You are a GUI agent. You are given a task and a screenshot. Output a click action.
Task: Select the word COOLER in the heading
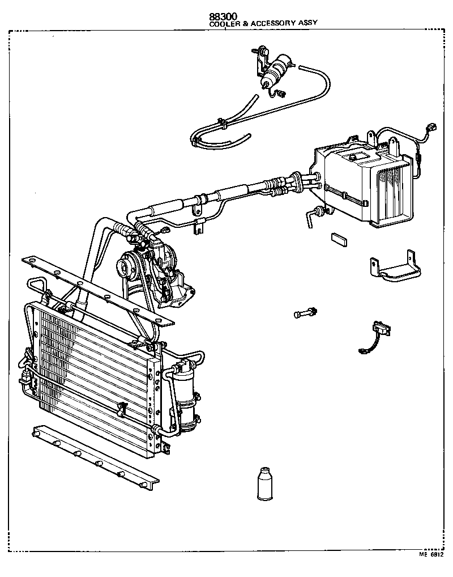(223, 24)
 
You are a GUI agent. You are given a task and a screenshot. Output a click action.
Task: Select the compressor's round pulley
(126, 265)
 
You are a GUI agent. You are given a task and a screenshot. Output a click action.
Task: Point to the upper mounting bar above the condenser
(96, 289)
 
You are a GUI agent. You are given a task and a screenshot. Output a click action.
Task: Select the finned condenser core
(91, 374)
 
